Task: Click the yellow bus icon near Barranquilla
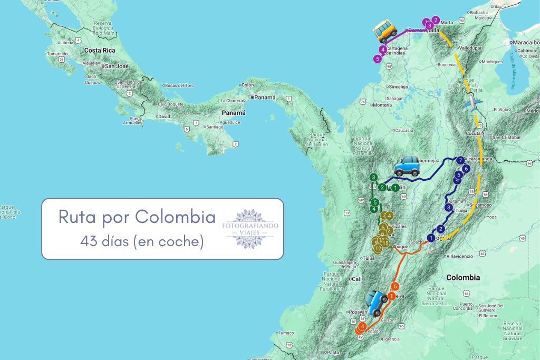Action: (385, 32)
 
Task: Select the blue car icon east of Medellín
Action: (407, 166)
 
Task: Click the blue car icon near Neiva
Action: (378, 303)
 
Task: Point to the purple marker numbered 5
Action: (377, 59)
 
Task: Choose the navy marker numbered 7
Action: (461, 160)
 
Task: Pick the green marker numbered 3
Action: (373, 178)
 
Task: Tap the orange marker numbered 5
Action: (395, 286)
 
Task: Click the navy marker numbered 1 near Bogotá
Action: (431, 238)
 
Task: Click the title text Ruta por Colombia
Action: (137, 217)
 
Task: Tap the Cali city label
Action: (357, 279)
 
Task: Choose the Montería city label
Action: (382, 105)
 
